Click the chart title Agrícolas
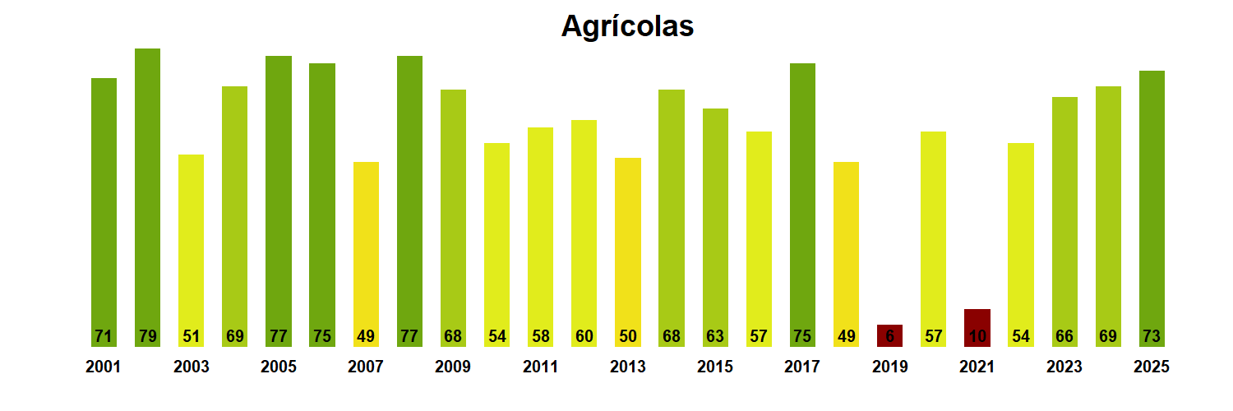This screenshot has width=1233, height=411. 627,26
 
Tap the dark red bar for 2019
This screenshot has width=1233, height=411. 889,335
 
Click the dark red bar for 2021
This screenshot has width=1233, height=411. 977,327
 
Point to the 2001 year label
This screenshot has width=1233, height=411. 103,367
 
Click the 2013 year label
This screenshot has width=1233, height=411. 627,367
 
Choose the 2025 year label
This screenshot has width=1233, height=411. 1151,367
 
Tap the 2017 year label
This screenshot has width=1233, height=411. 801,367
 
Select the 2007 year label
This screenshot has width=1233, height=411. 365,367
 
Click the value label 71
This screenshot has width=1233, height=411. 104,337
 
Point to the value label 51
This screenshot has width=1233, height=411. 191,337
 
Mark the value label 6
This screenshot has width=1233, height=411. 889,337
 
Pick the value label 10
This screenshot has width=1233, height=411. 977,337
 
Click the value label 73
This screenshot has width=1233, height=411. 1152,337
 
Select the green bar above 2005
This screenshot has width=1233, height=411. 278,197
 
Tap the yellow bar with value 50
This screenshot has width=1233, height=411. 627,247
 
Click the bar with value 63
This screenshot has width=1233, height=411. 715,222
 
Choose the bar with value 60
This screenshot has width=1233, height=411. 584,230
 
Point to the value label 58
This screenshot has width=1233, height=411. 540,337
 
